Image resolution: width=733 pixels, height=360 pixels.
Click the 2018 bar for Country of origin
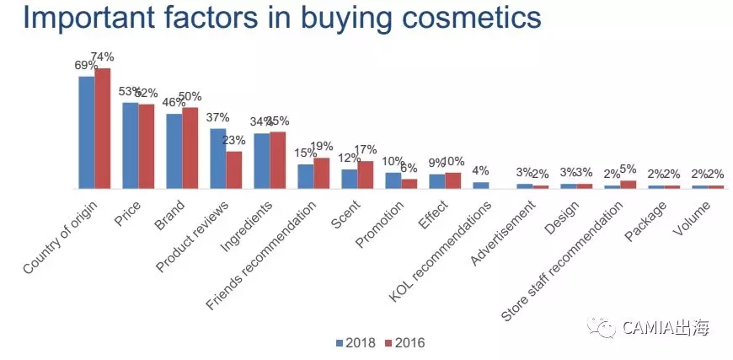coord(86,132)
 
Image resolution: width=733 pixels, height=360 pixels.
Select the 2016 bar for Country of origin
coord(103,128)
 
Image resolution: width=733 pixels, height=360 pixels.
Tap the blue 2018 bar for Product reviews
coord(217,159)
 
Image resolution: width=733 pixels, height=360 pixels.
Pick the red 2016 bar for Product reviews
coord(234,169)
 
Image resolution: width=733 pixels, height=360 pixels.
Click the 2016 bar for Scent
coord(366,175)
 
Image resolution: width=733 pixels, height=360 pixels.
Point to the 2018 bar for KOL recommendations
coord(480,185)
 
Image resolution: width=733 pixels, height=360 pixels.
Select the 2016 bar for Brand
coord(190,148)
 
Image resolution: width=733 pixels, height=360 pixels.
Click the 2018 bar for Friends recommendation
coord(305,176)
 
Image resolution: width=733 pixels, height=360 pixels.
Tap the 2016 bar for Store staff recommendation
coord(629,184)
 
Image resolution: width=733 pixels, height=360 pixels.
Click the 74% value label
coord(103,57)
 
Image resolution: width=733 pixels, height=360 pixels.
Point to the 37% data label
coord(217,117)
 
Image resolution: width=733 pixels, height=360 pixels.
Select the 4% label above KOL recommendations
coord(480,171)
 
